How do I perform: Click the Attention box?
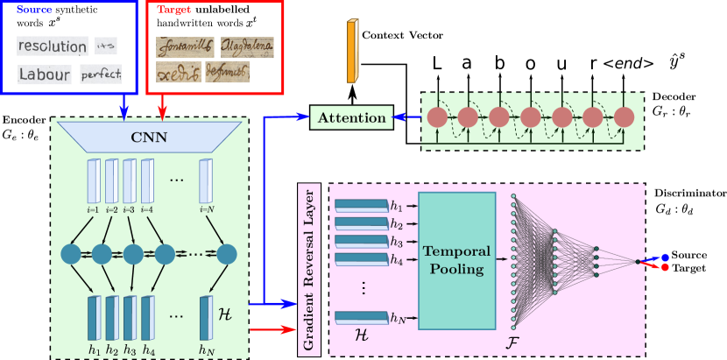pyautogui.click(x=351, y=117)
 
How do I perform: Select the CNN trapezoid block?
pyautogui.click(x=149, y=137)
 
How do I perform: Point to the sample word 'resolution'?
pyautogui.click(x=53, y=46)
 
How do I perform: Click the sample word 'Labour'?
pyautogui.click(x=44, y=75)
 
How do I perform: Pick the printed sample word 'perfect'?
pyautogui.click(x=101, y=74)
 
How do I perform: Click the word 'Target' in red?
pyautogui.click(x=172, y=9)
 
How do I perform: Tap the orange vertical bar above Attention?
pyautogui.click(x=352, y=52)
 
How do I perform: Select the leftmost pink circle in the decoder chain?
pyautogui.click(x=436, y=117)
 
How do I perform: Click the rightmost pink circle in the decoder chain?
pyautogui.click(x=624, y=117)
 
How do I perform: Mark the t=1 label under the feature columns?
pyautogui.click(x=93, y=209)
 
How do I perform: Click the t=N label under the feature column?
pyautogui.click(x=206, y=209)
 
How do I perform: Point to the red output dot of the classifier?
pyautogui.click(x=666, y=266)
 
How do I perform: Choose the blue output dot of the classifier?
pyautogui.click(x=666, y=258)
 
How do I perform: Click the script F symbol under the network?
pyautogui.click(x=513, y=340)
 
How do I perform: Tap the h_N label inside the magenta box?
pyautogui.click(x=399, y=317)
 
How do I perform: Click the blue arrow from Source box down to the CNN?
pyautogui.click(x=124, y=106)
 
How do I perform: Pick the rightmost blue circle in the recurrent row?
pyautogui.click(x=227, y=254)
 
